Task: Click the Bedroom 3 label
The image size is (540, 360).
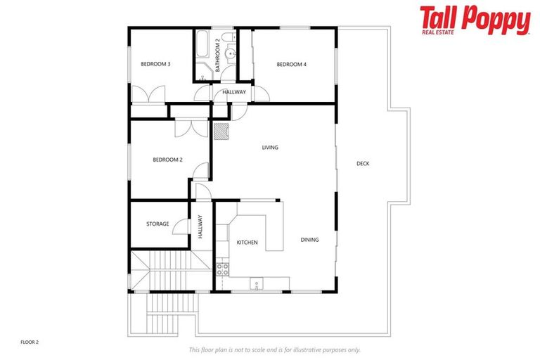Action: click(x=155, y=64)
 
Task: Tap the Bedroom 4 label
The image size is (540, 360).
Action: click(x=291, y=65)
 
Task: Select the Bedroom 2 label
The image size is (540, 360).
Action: click(x=167, y=160)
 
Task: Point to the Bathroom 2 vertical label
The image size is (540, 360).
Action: click(x=218, y=55)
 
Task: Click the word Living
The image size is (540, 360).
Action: click(x=270, y=148)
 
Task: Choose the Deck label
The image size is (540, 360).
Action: click(x=363, y=164)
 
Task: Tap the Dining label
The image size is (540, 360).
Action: click(x=309, y=240)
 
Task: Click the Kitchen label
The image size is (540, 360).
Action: click(x=247, y=243)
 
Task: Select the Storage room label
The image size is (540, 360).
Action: click(x=157, y=224)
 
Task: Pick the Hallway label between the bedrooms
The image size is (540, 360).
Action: click(x=234, y=93)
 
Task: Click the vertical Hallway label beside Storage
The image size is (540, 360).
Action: click(x=200, y=226)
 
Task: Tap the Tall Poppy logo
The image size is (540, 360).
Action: click(x=475, y=20)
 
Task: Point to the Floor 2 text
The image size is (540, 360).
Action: click(x=29, y=342)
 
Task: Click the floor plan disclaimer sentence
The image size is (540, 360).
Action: click(x=275, y=349)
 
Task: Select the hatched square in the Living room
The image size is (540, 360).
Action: click(x=221, y=130)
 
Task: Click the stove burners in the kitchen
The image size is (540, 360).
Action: click(x=222, y=267)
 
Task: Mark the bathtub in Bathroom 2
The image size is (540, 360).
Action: click(x=202, y=46)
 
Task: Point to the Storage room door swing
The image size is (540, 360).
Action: click(x=181, y=225)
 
